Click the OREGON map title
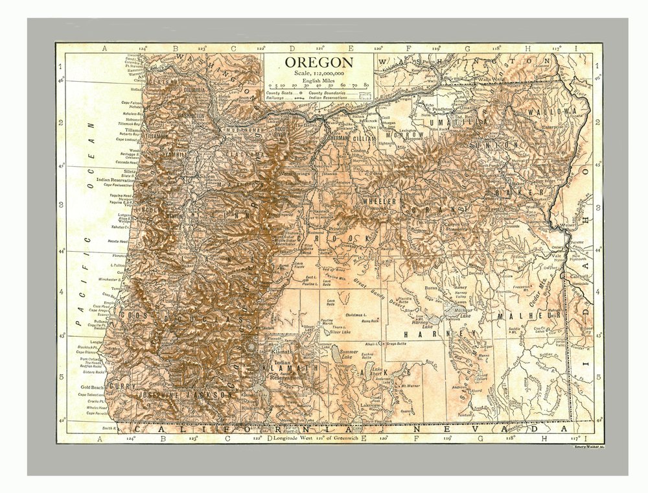point(319,63)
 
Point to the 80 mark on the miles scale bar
point(367,85)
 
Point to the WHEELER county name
point(379,202)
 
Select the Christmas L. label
point(357,314)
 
